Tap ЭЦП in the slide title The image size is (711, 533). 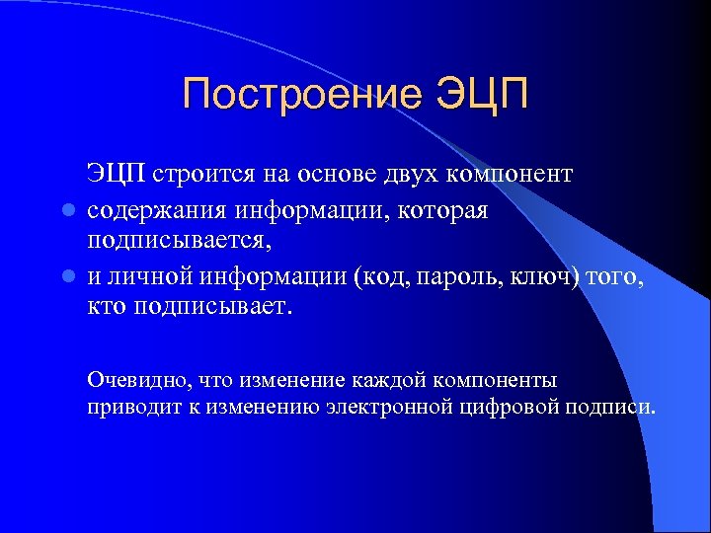click(481, 96)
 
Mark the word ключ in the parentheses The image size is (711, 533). click(538, 278)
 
